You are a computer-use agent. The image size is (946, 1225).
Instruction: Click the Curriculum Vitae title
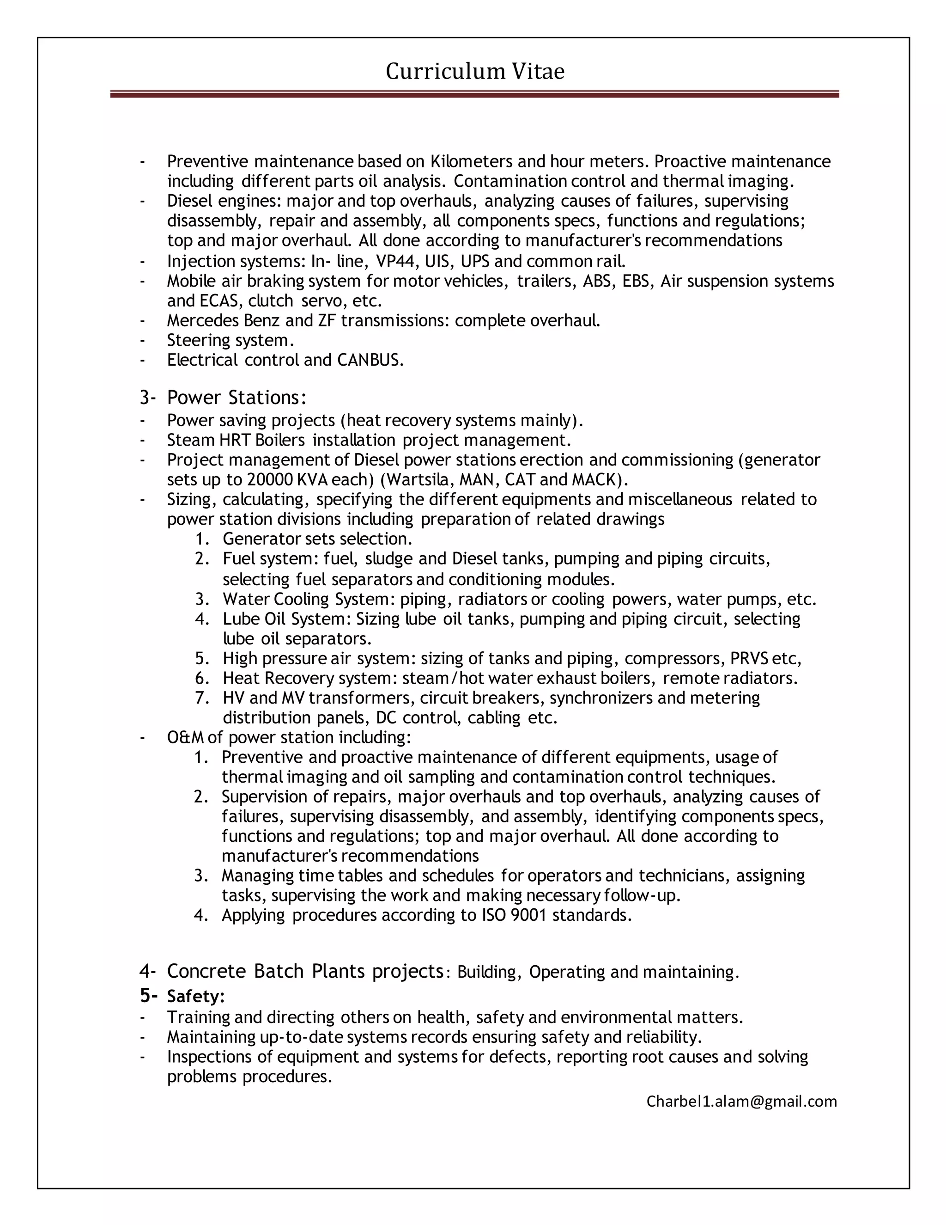coord(475,72)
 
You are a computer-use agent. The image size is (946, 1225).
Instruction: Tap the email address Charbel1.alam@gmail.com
coord(741,1101)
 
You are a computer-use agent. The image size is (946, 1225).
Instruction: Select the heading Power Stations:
coord(236,398)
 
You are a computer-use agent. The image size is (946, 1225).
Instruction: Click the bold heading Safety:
coord(195,996)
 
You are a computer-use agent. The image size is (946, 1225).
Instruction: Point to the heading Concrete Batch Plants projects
coord(305,971)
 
